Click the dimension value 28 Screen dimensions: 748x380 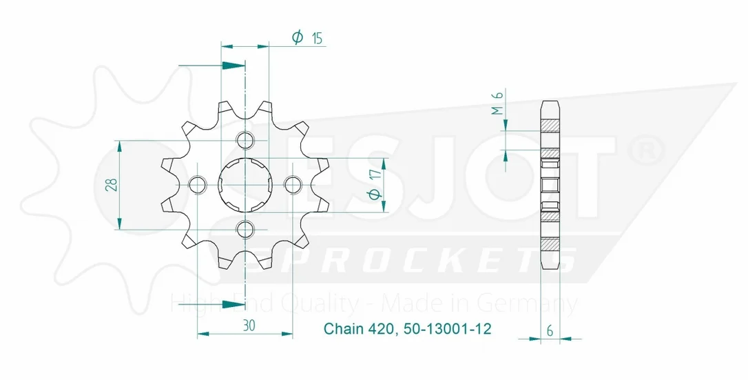coord(112,185)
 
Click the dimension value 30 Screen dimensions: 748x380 coord(249,326)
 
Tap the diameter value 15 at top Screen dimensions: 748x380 coord(317,39)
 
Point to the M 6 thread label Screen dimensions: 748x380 coord(497,103)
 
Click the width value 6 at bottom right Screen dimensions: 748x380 coord(550,331)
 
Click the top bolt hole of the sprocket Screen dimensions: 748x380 coord(245,141)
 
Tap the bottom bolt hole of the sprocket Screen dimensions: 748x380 coord(245,230)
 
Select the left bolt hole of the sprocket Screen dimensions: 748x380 coord(198,185)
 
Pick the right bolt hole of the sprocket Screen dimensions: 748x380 coord(293,185)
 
